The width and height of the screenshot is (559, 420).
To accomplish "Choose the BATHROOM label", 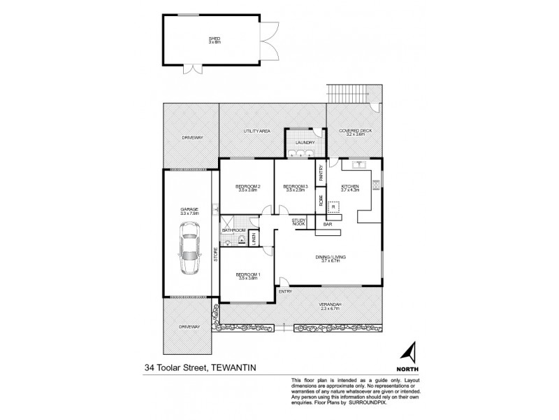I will pos(233,230).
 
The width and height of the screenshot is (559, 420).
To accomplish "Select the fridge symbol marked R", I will pos(335,207).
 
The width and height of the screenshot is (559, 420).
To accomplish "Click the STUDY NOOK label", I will pos(300,222).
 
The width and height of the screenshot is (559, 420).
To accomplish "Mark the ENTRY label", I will pos(284,290).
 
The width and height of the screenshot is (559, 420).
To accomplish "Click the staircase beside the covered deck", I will pos(347,93).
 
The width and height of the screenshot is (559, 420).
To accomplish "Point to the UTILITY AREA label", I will pos(256,131).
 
